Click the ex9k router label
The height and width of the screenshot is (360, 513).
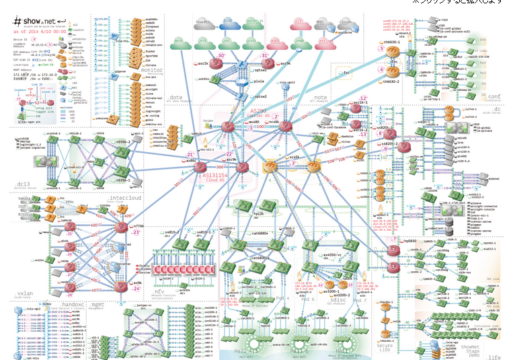click(x=137, y=283)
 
